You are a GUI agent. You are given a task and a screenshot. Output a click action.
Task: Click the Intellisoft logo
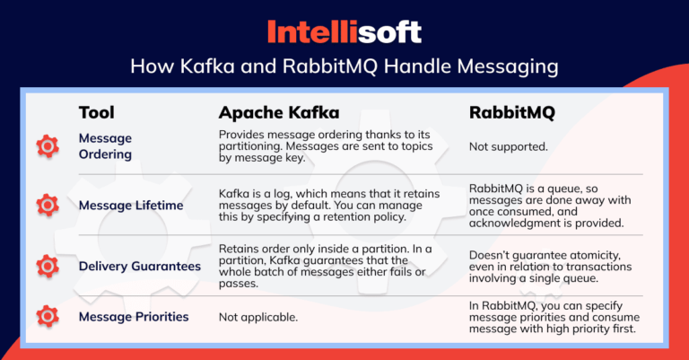pyautogui.click(x=344, y=32)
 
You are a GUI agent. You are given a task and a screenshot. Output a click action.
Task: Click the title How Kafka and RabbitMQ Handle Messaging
pyautogui.click(x=344, y=67)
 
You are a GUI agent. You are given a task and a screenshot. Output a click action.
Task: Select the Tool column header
pyautogui.click(x=96, y=113)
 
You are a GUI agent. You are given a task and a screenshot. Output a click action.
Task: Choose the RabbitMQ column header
pyautogui.click(x=512, y=113)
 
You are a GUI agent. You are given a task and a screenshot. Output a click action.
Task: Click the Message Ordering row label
pyautogui.click(x=105, y=145)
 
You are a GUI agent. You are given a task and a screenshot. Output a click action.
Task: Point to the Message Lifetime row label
pyautogui.click(x=131, y=206)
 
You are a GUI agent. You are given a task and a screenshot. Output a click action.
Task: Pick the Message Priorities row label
pyautogui.click(x=134, y=316)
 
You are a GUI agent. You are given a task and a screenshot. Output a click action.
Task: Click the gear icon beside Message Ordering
pyautogui.click(x=47, y=146)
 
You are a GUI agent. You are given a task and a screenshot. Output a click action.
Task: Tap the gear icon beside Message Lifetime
pyautogui.click(x=47, y=206)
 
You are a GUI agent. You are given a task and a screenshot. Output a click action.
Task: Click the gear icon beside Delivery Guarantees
pyautogui.click(x=47, y=265)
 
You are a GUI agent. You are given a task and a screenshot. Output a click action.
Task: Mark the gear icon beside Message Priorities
pyautogui.click(x=47, y=316)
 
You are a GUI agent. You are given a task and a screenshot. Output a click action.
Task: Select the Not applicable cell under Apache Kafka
pyautogui.click(x=258, y=317)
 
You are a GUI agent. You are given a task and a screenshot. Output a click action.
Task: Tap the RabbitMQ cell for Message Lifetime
pyautogui.click(x=549, y=206)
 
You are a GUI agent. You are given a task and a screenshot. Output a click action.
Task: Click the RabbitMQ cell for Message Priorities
pyautogui.click(x=549, y=317)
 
